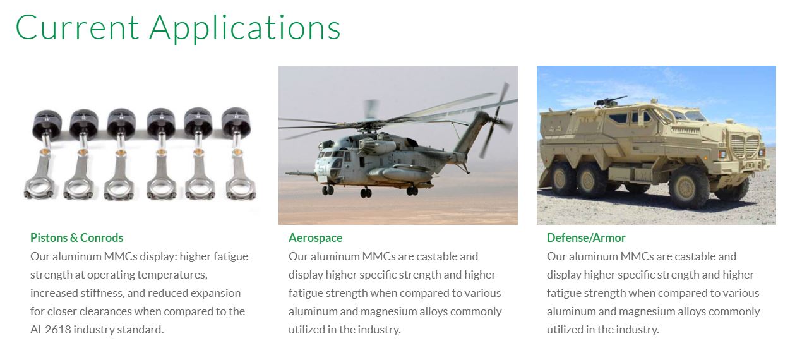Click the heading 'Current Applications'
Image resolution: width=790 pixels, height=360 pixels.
177,28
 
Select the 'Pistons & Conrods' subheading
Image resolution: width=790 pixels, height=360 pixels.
76,237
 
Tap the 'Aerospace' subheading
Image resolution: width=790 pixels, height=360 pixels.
315,238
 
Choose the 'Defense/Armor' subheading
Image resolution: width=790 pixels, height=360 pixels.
586,237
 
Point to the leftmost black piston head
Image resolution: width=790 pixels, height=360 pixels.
47,123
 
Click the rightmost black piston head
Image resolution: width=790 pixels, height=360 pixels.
236,122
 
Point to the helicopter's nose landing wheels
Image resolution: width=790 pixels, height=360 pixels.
328,190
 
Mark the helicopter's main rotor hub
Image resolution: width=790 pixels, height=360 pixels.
368,126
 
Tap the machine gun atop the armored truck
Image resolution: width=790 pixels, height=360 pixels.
609,101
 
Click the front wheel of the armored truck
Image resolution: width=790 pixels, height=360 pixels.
688,186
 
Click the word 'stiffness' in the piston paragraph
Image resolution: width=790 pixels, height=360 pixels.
102,293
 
